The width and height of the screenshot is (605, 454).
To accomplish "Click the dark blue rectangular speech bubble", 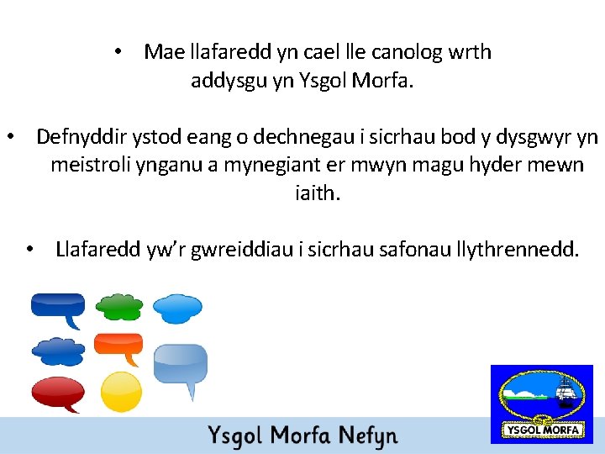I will click(x=57, y=305).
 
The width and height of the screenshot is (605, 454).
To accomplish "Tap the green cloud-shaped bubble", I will click(x=118, y=306).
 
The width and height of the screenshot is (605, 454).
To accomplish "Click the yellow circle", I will click(x=121, y=391).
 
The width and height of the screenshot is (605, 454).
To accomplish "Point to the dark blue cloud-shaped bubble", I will click(x=57, y=348).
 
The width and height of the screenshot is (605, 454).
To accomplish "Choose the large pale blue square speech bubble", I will click(x=180, y=364).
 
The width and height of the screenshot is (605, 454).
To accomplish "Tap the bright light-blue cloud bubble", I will click(x=178, y=308).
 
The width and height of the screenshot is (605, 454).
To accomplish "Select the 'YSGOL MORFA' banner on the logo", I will click(x=542, y=430).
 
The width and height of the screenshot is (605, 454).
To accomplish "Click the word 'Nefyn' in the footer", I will click(x=367, y=436).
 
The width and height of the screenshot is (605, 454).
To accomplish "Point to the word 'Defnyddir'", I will click(x=77, y=136).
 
